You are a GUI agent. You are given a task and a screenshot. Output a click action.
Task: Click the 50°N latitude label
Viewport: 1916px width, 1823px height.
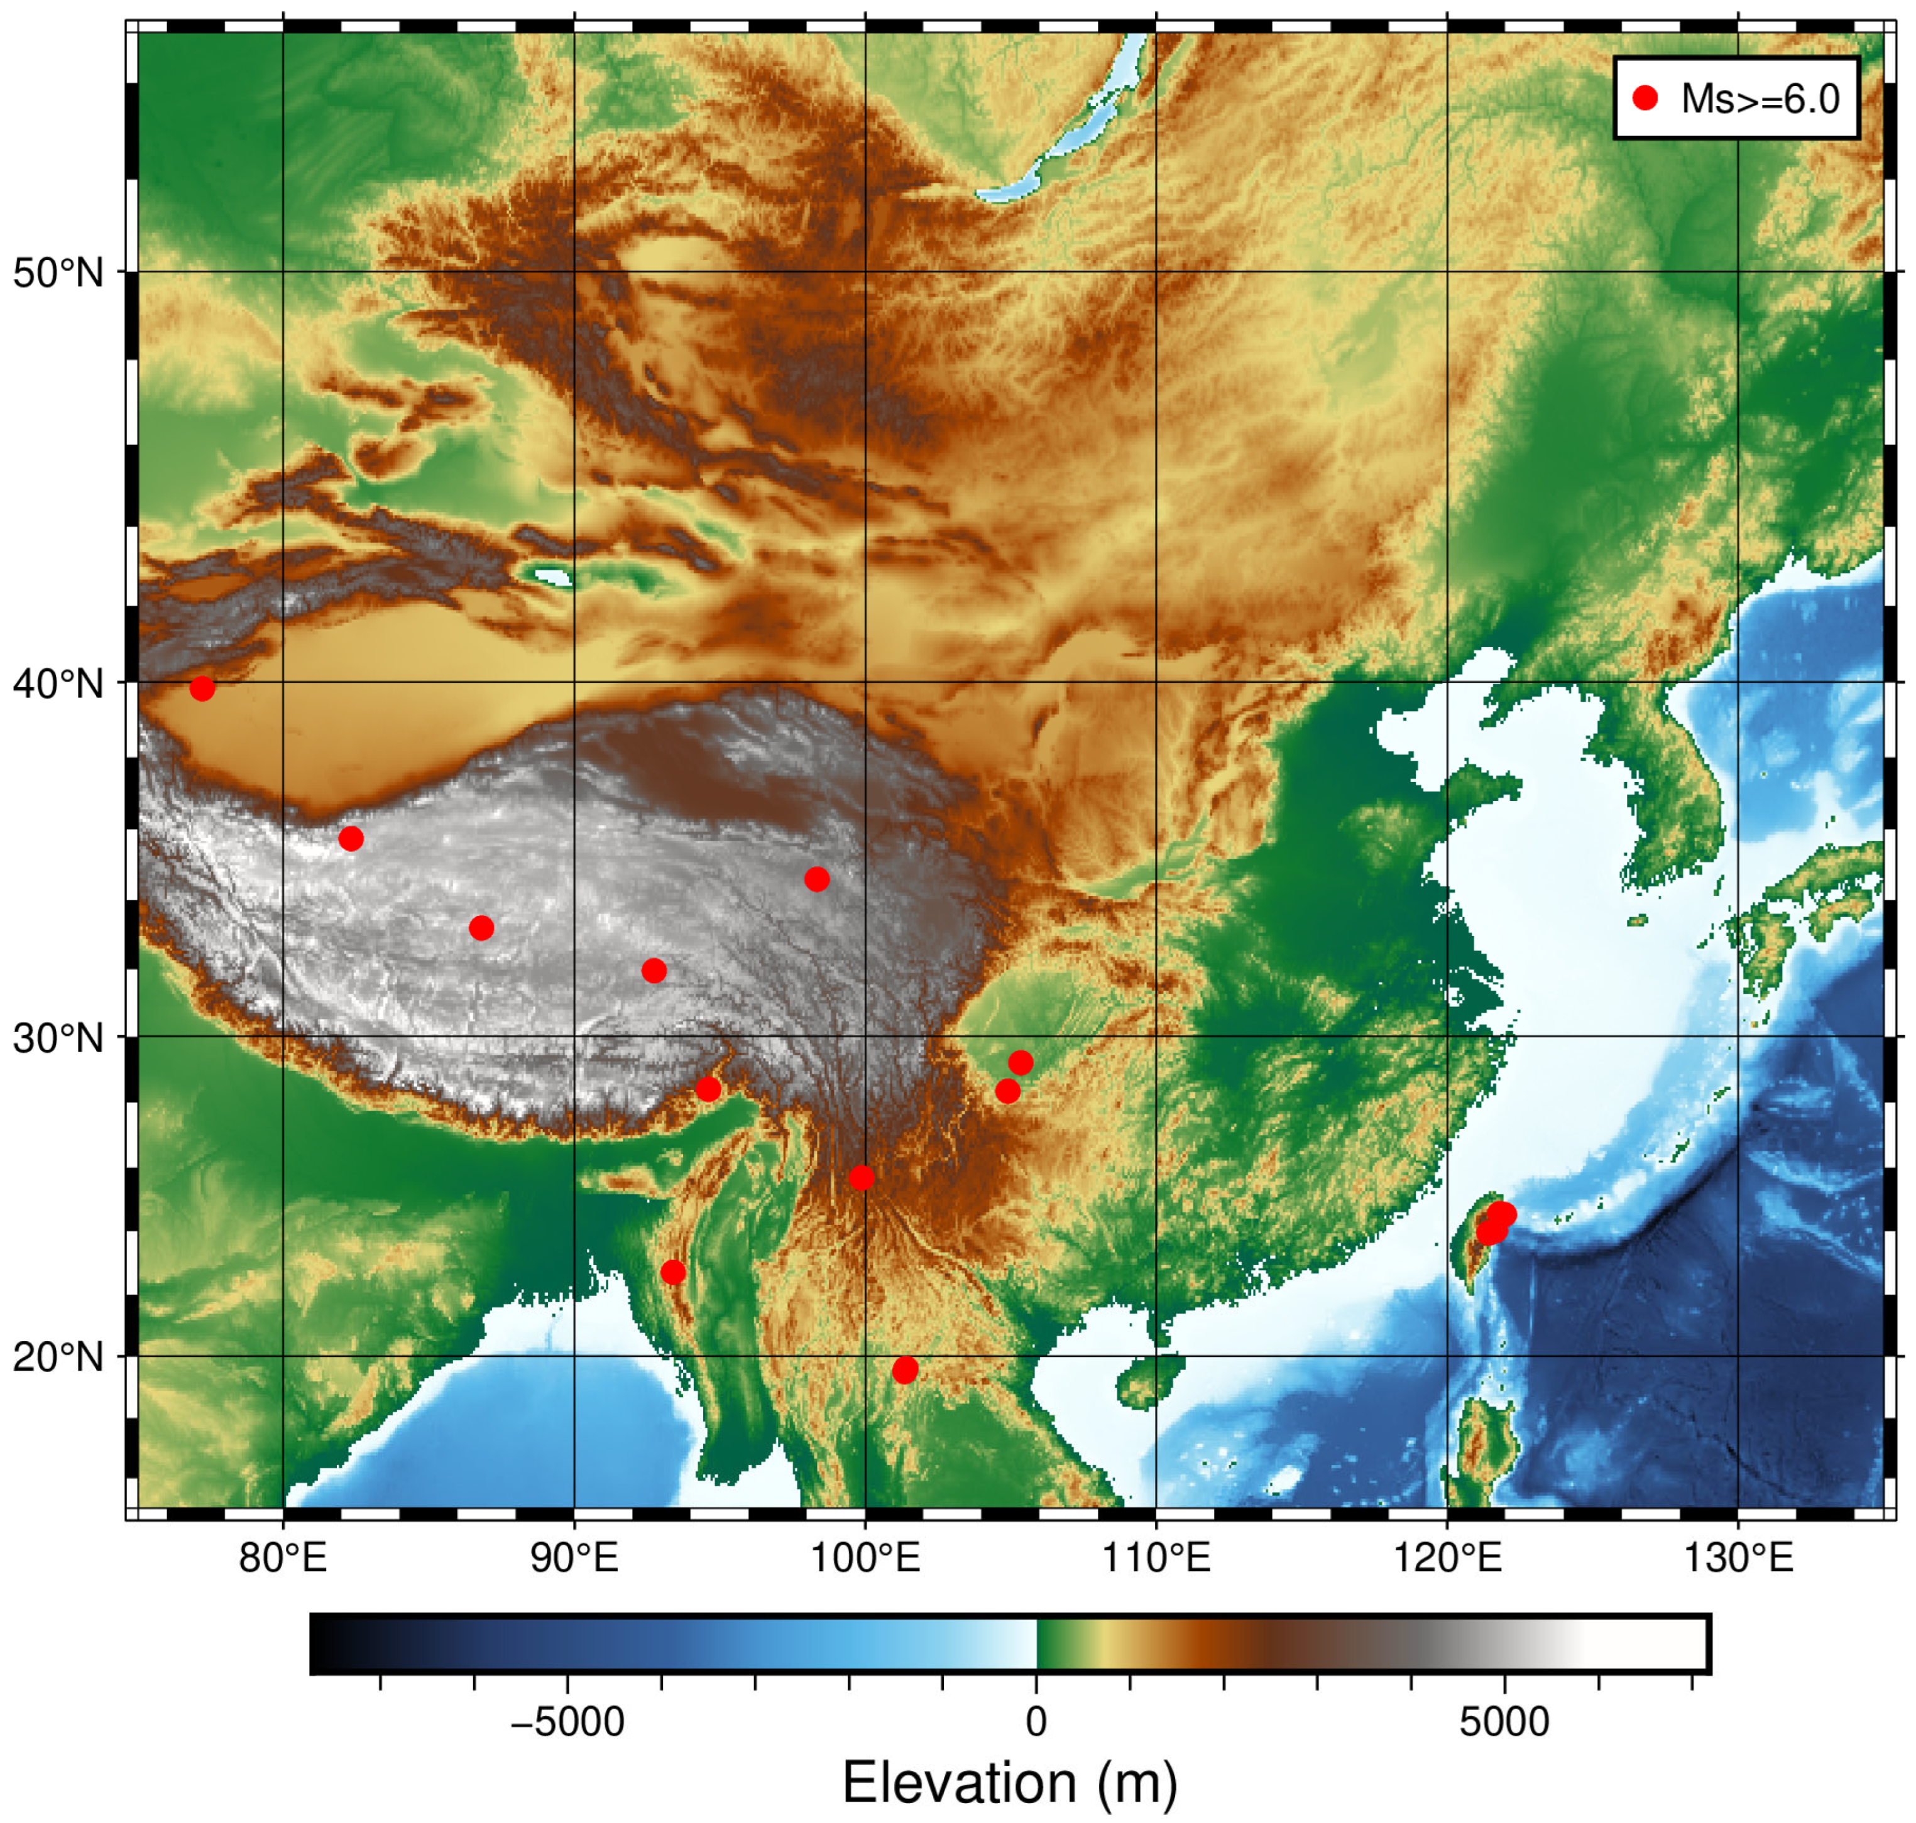click(58, 274)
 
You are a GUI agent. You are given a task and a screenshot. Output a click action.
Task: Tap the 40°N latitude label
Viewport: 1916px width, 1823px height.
click(58, 684)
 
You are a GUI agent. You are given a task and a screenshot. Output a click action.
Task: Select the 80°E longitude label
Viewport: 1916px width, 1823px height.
click(283, 1559)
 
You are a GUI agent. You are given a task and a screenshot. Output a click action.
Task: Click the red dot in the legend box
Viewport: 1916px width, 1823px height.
click(1645, 98)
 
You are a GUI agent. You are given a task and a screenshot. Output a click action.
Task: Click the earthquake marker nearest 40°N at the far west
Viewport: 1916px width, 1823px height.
click(202, 688)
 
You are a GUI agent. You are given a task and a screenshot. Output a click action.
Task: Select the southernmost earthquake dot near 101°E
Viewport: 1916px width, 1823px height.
click(905, 1370)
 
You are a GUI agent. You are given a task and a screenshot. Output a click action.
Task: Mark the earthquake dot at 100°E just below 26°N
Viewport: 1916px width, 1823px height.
click(862, 1178)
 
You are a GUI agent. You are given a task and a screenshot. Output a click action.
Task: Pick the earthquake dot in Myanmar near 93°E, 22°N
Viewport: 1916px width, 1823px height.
click(672, 1273)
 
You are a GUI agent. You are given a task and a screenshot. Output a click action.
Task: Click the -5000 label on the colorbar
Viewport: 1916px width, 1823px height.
click(567, 1722)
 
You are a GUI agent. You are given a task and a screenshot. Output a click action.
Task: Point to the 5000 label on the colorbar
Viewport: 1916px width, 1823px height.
click(1504, 1722)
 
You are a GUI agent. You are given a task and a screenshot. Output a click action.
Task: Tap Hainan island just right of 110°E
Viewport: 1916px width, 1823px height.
click(1150, 1380)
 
